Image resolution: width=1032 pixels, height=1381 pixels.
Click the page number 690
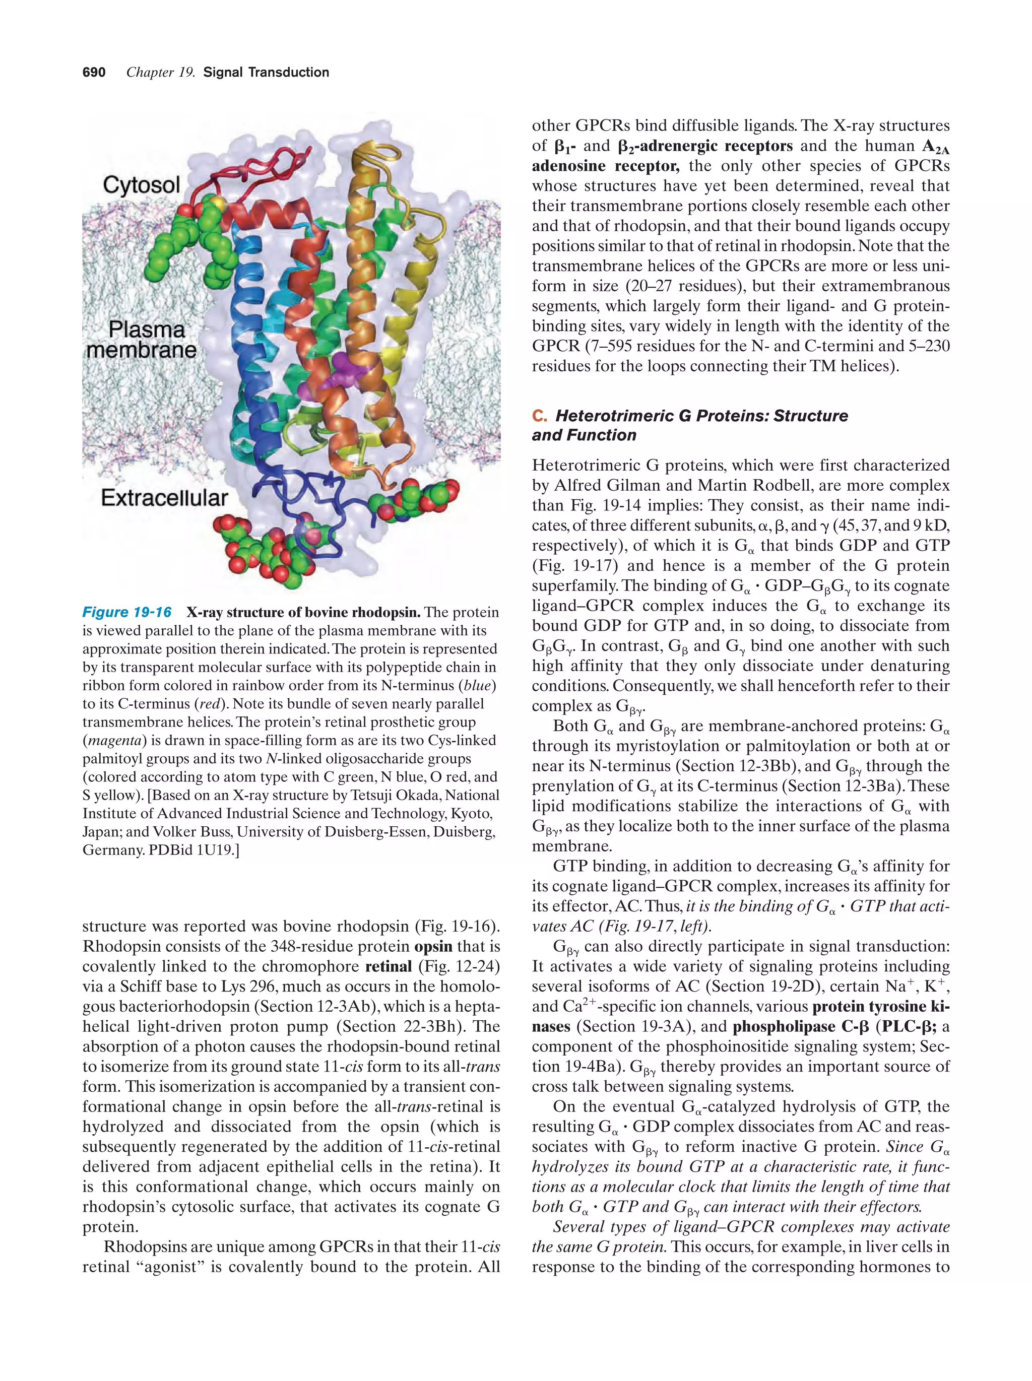coord(94,73)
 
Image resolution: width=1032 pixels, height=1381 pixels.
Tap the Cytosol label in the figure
coord(141,185)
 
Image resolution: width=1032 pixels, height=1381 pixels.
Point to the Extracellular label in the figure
coord(164,498)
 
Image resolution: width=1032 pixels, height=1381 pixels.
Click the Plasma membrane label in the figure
coord(142,340)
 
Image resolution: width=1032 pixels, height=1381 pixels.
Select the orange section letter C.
coord(539,416)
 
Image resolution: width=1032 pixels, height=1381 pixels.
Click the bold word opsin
coord(433,946)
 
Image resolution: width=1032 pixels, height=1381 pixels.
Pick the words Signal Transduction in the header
coord(266,73)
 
